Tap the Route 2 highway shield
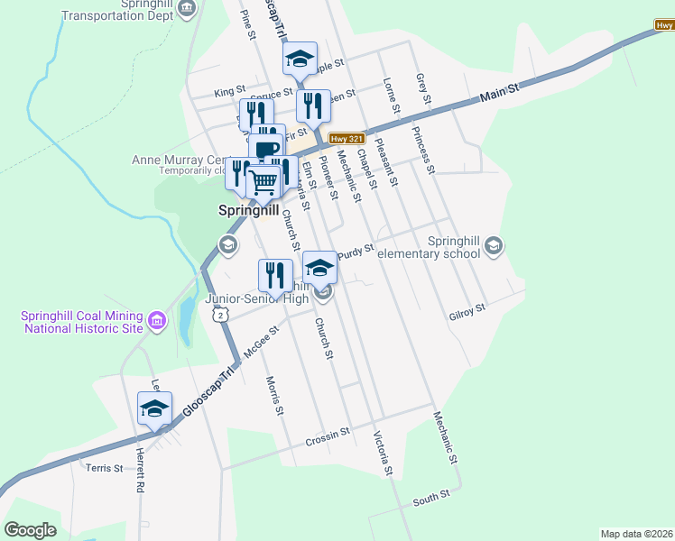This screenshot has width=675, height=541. point(218,314)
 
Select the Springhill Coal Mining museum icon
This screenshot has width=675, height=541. point(156,320)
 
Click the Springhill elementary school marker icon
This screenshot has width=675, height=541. point(493,245)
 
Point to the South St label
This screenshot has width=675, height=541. point(431,498)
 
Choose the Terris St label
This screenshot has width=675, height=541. point(104,468)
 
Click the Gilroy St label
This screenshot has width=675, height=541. point(467,312)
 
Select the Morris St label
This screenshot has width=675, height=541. point(274,397)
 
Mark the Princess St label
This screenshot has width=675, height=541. point(422,149)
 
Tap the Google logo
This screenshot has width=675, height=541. point(30,530)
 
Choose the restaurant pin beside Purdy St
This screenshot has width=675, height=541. point(276,274)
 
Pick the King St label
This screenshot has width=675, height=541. point(230,92)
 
